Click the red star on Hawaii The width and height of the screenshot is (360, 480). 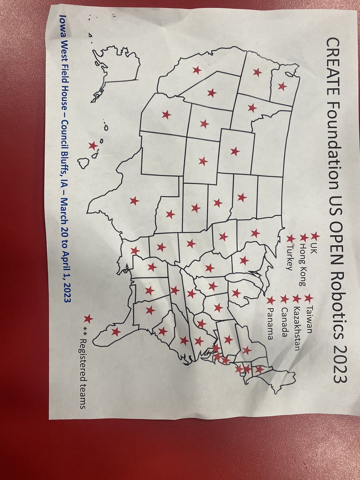93,146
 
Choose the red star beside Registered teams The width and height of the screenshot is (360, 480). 88,319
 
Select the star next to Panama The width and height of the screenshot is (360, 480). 271,300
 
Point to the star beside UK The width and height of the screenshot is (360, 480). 315,236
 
